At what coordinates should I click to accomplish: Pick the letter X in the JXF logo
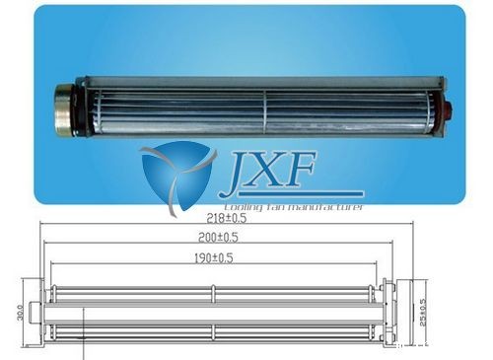[x=277, y=174]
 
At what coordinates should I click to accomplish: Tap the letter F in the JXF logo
[x=314, y=174]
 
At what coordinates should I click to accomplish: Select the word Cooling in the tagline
[x=244, y=207]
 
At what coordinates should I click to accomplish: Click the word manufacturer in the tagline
[x=324, y=207]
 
